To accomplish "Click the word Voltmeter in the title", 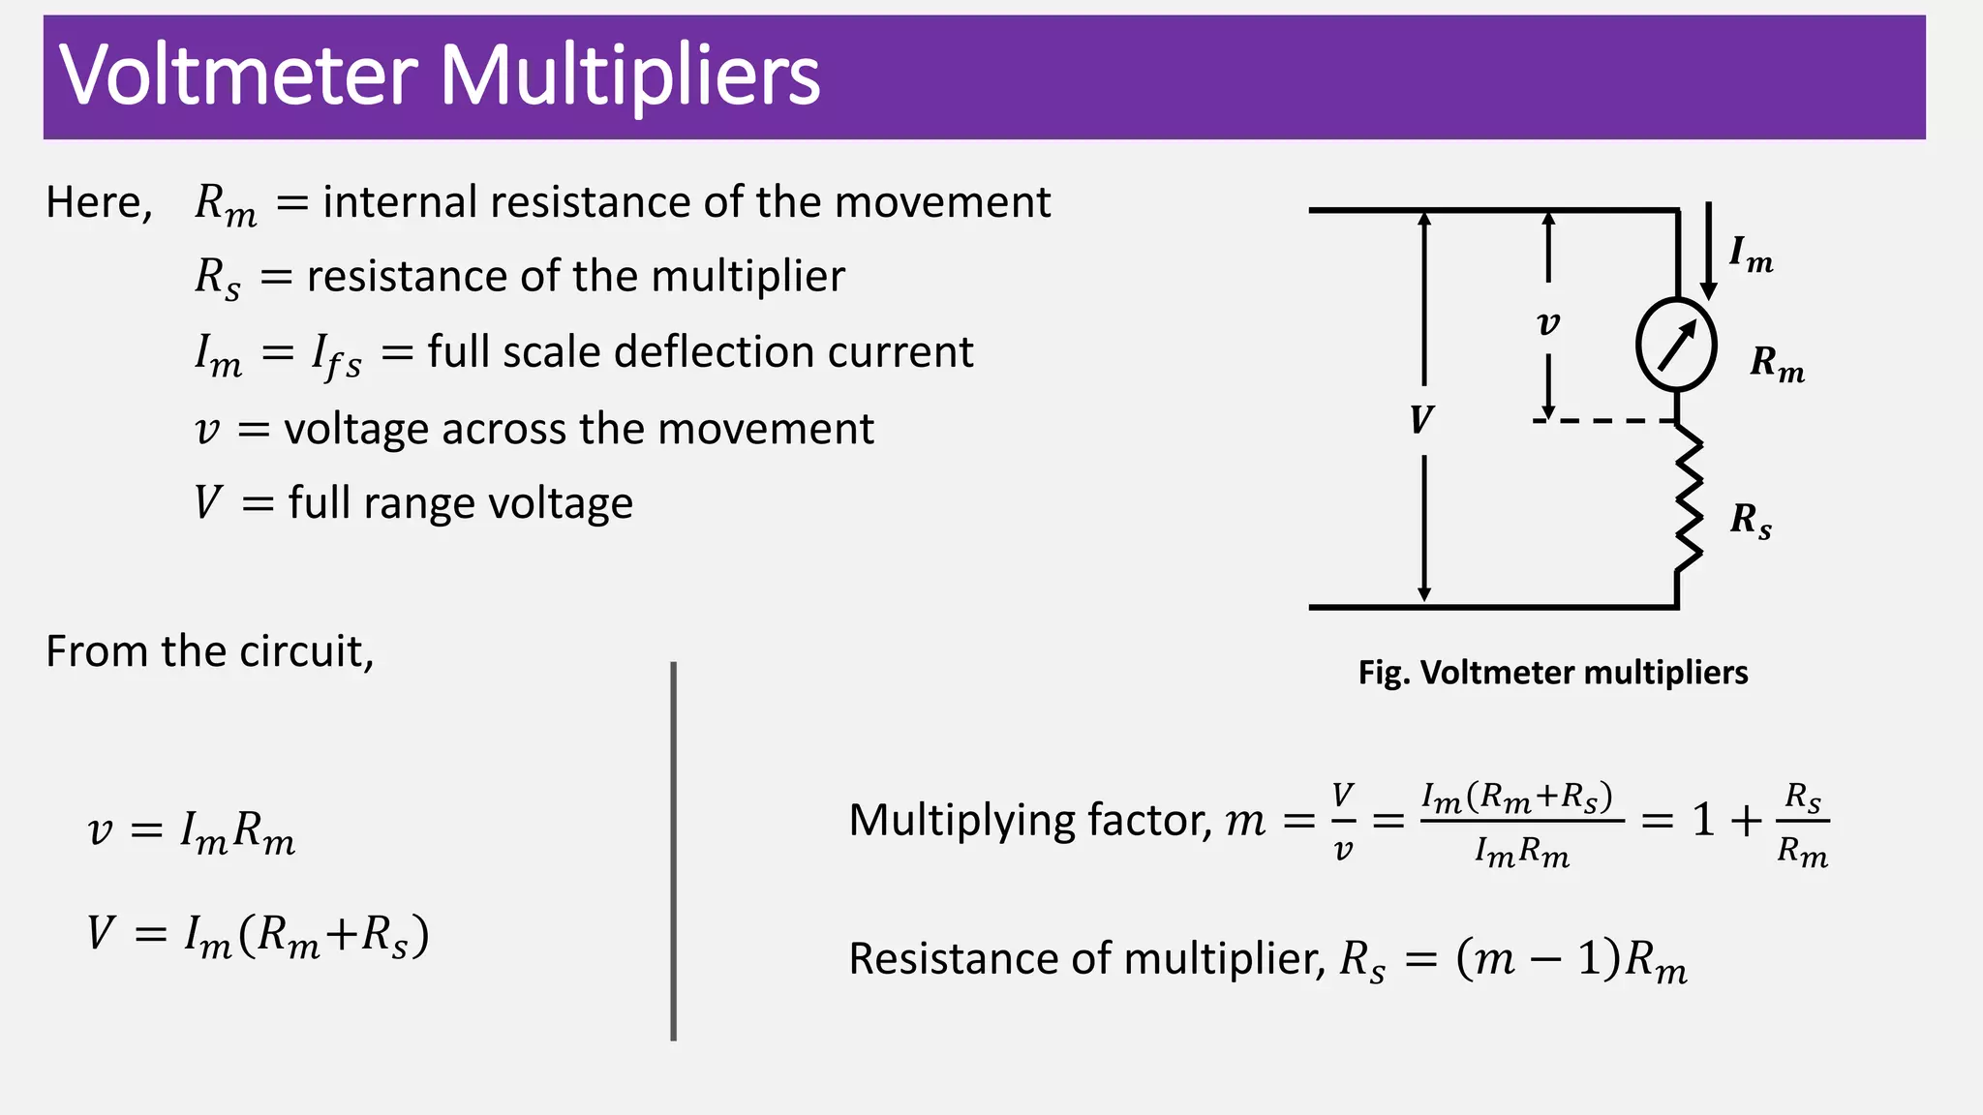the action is click(238, 75).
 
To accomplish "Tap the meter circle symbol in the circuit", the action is click(1676, 345).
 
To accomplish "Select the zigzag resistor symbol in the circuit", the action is click(1688, 500).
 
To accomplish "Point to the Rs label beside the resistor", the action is click(1751, 521).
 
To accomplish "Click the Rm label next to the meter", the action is click(1778, 364).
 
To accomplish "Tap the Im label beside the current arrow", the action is click(1752, 255).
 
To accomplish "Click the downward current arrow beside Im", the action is click(1709, 251).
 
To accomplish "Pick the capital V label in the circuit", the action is click(1421, 419).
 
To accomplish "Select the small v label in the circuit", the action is click(1548, 323).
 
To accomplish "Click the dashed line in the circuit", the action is click(1604, 421).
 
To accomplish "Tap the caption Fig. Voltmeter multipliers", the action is click(1553, 672).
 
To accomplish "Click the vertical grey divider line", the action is click(673, 852).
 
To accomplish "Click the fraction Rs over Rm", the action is click(1803, 823).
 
